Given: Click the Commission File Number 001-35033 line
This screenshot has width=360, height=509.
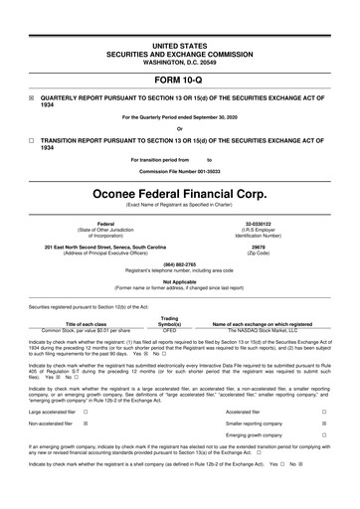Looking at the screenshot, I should pyautogui.click(x=179, y=170).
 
